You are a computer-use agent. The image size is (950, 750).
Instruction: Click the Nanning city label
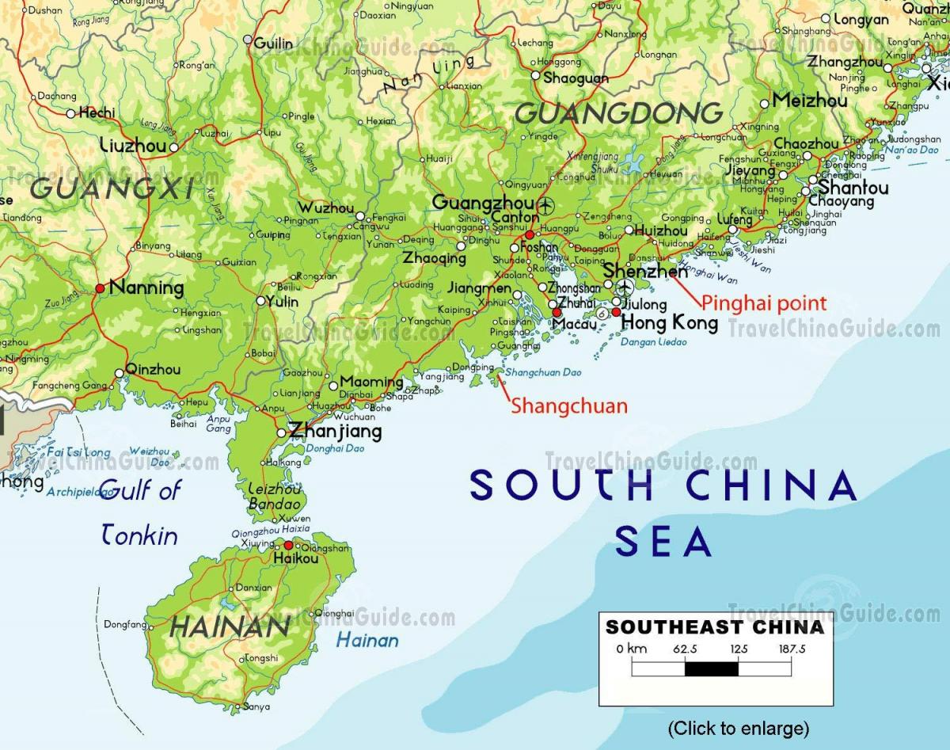(x=146, y=288)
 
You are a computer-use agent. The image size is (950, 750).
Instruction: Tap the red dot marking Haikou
(x=289, y=545)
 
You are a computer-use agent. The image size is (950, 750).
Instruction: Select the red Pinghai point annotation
(x=764, y=303)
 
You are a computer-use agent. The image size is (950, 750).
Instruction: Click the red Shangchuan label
(x=568, y=406)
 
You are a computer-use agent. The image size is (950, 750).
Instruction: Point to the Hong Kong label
(x=669, y=322)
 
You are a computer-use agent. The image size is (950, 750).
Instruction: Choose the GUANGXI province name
(x=112, y=188)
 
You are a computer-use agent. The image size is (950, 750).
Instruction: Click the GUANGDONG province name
(x=619, y=114)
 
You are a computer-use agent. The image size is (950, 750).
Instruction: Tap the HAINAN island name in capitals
(x=230, y=627)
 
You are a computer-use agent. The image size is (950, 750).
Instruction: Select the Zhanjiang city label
(x=335, y=432)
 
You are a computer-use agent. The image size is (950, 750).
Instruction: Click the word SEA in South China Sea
(x=663, y=543)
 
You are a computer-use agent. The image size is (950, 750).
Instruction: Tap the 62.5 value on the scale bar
(x=684, y=649)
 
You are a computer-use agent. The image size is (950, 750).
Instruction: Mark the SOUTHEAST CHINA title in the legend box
(x=715, y=628)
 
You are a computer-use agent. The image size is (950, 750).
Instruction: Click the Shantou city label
(x=853, y=188)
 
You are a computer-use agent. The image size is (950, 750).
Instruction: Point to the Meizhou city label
(x=809, y=101)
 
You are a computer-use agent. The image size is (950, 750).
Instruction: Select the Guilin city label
(x=273, y=43)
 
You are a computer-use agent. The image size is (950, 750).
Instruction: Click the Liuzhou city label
(x=134, y=145)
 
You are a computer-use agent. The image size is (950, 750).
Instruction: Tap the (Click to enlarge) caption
(x=738, y=728)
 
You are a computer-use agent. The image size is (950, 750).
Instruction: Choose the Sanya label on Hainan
(x=256, y=706)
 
